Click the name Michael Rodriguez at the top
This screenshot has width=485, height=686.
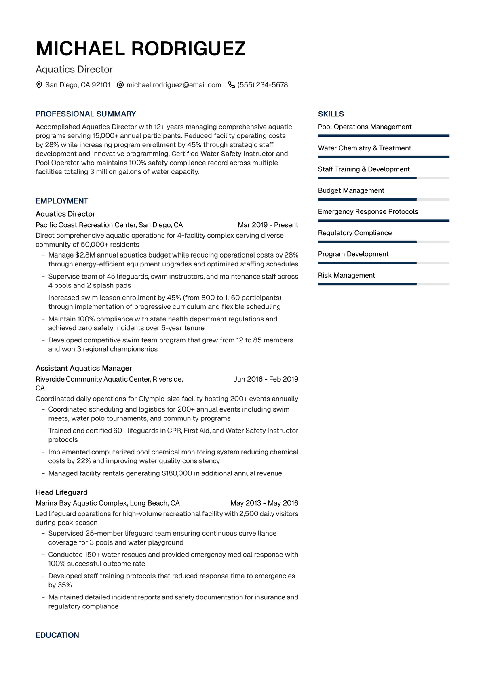click(x=141, y=49)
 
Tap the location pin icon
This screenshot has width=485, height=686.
click(x=39, y=85)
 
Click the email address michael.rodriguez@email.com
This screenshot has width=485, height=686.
click(x=174, y=85)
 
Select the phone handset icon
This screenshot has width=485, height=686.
click(x=232, y=85)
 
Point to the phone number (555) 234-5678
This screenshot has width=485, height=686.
click(x=263, y=85)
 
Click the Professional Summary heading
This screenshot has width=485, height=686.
click(x=86, y=114)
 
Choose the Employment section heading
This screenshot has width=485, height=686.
click(x=62, y=201)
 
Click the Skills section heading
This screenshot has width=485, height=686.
click(x=331, y=114)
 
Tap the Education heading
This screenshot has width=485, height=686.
click(x=57, y=635)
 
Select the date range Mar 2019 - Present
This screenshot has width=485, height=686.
click(x=268, y=225)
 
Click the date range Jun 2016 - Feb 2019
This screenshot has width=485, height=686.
click(x=266, y=379)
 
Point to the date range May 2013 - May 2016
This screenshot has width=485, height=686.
click(x=264, y=503)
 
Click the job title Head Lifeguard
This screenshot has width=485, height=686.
click(x=61, y=492)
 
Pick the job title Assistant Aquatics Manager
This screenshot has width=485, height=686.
click(x=84, y=368)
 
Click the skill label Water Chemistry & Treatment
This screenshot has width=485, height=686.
click(x=365, y=148)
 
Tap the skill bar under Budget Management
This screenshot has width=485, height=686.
click(x=384, y=199)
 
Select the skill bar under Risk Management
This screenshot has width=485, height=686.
click(x=384, y=284)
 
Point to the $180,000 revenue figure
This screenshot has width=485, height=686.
click(x=177, y=473)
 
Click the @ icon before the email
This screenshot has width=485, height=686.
click(x=120, y=85)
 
